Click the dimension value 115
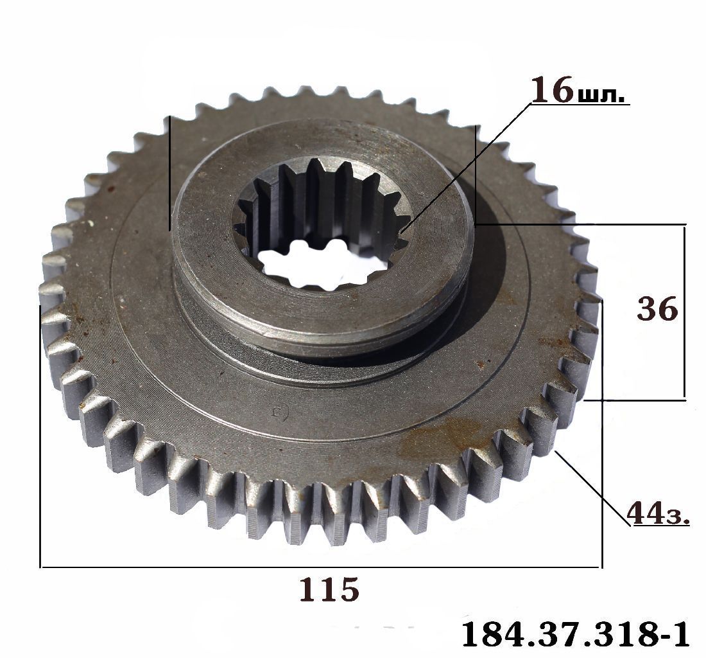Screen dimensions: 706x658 pyautogui.click(x=330, y=589)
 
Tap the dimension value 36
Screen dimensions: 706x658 pyautogui.click(x=657, y=309)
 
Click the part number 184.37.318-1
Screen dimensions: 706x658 pyautogui.click(x=575, y=635)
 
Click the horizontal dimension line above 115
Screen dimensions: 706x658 pyautogui.click(x=320, y=567)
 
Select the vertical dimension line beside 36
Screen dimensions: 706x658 pyautogui.click(x=684, y=312)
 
